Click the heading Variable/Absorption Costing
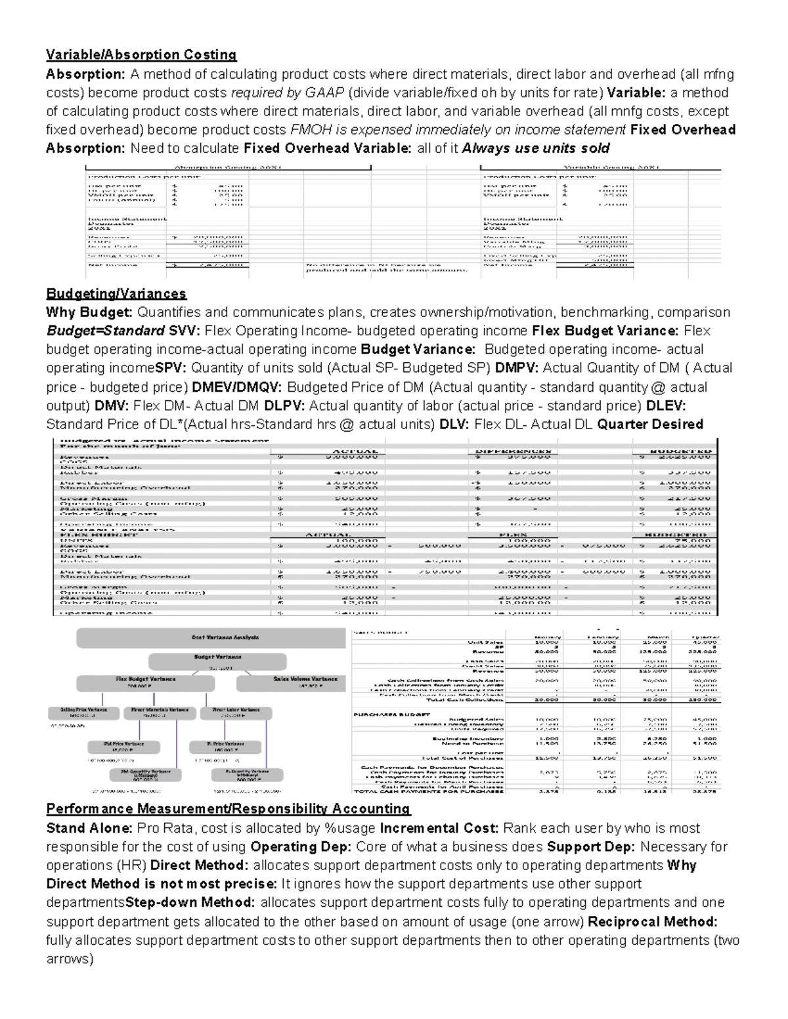141,55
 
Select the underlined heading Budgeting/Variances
116,293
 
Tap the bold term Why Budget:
89,312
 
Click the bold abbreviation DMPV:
517,368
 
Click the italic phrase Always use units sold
536,148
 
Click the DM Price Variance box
123,747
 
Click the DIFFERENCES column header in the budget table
513,451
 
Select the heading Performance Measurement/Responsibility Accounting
228,809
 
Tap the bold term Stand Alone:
89,828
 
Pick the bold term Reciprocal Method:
652,922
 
